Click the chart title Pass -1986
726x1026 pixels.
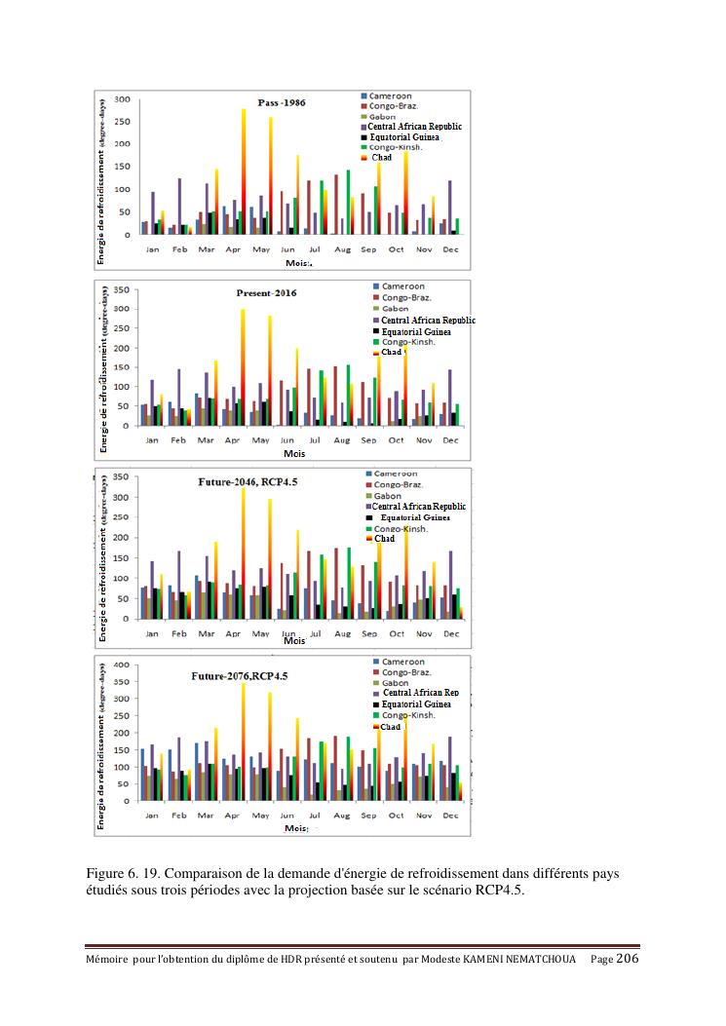point(282,102)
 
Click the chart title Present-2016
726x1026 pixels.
point(267,292)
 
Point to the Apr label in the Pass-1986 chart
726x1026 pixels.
point(234,249)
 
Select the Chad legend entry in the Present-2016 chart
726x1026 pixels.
point(391,353)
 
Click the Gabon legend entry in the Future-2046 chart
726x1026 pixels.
point(389,496)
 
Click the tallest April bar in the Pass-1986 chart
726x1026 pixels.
point(243,171)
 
